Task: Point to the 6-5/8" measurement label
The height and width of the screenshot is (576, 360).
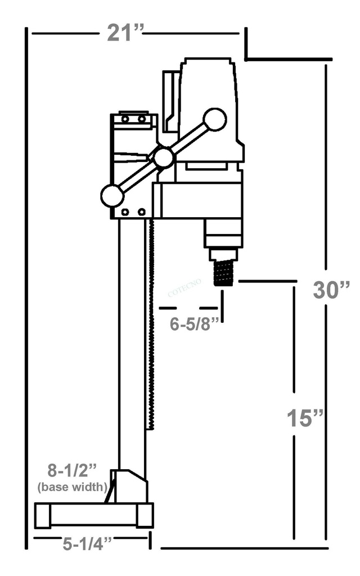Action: pyautogui.click(x=194, y=325)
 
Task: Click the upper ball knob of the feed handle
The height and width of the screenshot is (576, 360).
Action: pyautogui.click(x=214, y=119)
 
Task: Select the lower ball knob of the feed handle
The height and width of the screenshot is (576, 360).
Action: pyautogui.click(x=112, y=195)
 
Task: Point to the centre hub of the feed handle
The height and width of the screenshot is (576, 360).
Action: pyautogui.click(x=163, y=157)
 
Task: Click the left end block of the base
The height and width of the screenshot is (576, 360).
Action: pyautogui.click(x=43, y=515)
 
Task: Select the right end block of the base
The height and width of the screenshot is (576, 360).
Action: pyautogui.click(x=145, y=515)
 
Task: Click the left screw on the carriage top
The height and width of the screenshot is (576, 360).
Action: pyautogui.click(x=125, y=119)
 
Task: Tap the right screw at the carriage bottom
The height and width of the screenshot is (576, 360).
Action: pyautogui.click(x=141, y=212)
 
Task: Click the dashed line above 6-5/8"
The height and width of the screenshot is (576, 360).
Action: pyautogui.click(x=188, y=308)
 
